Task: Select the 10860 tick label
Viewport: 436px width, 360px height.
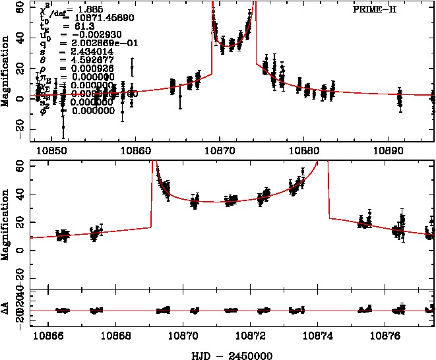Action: [x=135, y=150]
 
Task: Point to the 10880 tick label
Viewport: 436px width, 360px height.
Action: [x=304, y=150]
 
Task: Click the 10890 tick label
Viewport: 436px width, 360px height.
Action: [x=389, y=150]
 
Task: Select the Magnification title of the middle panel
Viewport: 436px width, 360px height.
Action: [x=6, y=223]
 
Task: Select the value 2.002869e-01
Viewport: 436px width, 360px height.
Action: [x=91, y=41]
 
